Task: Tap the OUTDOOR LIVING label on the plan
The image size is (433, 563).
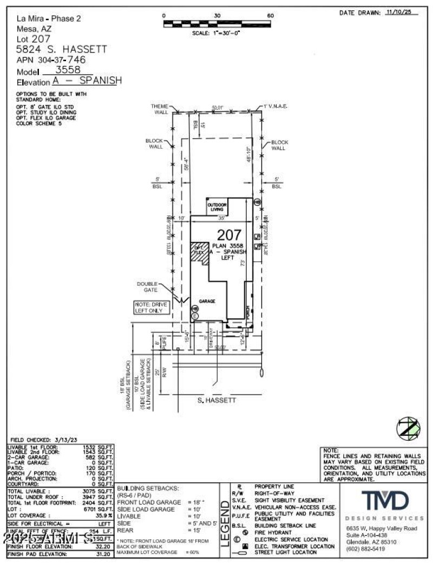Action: [217, 207]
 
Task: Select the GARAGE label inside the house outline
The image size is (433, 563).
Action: [207, 300]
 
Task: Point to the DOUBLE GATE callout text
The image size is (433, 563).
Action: [147, 286]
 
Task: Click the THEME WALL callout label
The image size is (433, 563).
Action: [160, 109]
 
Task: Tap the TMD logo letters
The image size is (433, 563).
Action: [385, 501]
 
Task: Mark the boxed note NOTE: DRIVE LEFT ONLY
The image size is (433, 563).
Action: [151, 307]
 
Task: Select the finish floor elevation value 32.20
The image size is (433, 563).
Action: [102, 547]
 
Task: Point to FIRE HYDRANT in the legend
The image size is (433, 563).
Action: [274, 532]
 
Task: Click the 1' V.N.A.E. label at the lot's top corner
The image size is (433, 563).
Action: [275, 107]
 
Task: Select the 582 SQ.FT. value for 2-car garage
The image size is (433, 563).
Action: [102, 457]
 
